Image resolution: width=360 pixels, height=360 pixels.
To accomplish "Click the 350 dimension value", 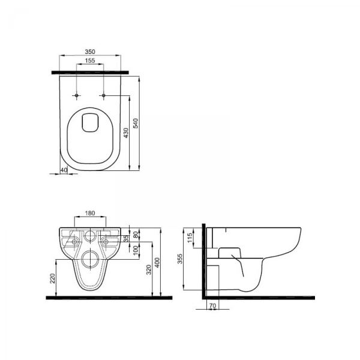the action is click(90, 52).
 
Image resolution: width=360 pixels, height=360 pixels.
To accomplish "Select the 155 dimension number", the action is click(90, 61).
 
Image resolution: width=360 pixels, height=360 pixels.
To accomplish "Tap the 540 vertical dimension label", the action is click(136, 123).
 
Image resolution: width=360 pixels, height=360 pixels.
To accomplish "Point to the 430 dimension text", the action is click(126, 133).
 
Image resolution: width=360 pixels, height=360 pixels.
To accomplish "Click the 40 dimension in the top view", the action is click(64, 170).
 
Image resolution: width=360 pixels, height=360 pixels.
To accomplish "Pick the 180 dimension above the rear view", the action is click(90, 213).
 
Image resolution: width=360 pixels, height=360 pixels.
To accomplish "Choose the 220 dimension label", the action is click(53, 278).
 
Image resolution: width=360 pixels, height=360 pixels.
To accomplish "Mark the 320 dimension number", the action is click(149, 270).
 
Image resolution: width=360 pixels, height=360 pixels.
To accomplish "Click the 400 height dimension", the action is click(157, 263).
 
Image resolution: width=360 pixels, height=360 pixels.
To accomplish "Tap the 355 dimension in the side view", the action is click(180, 259).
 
